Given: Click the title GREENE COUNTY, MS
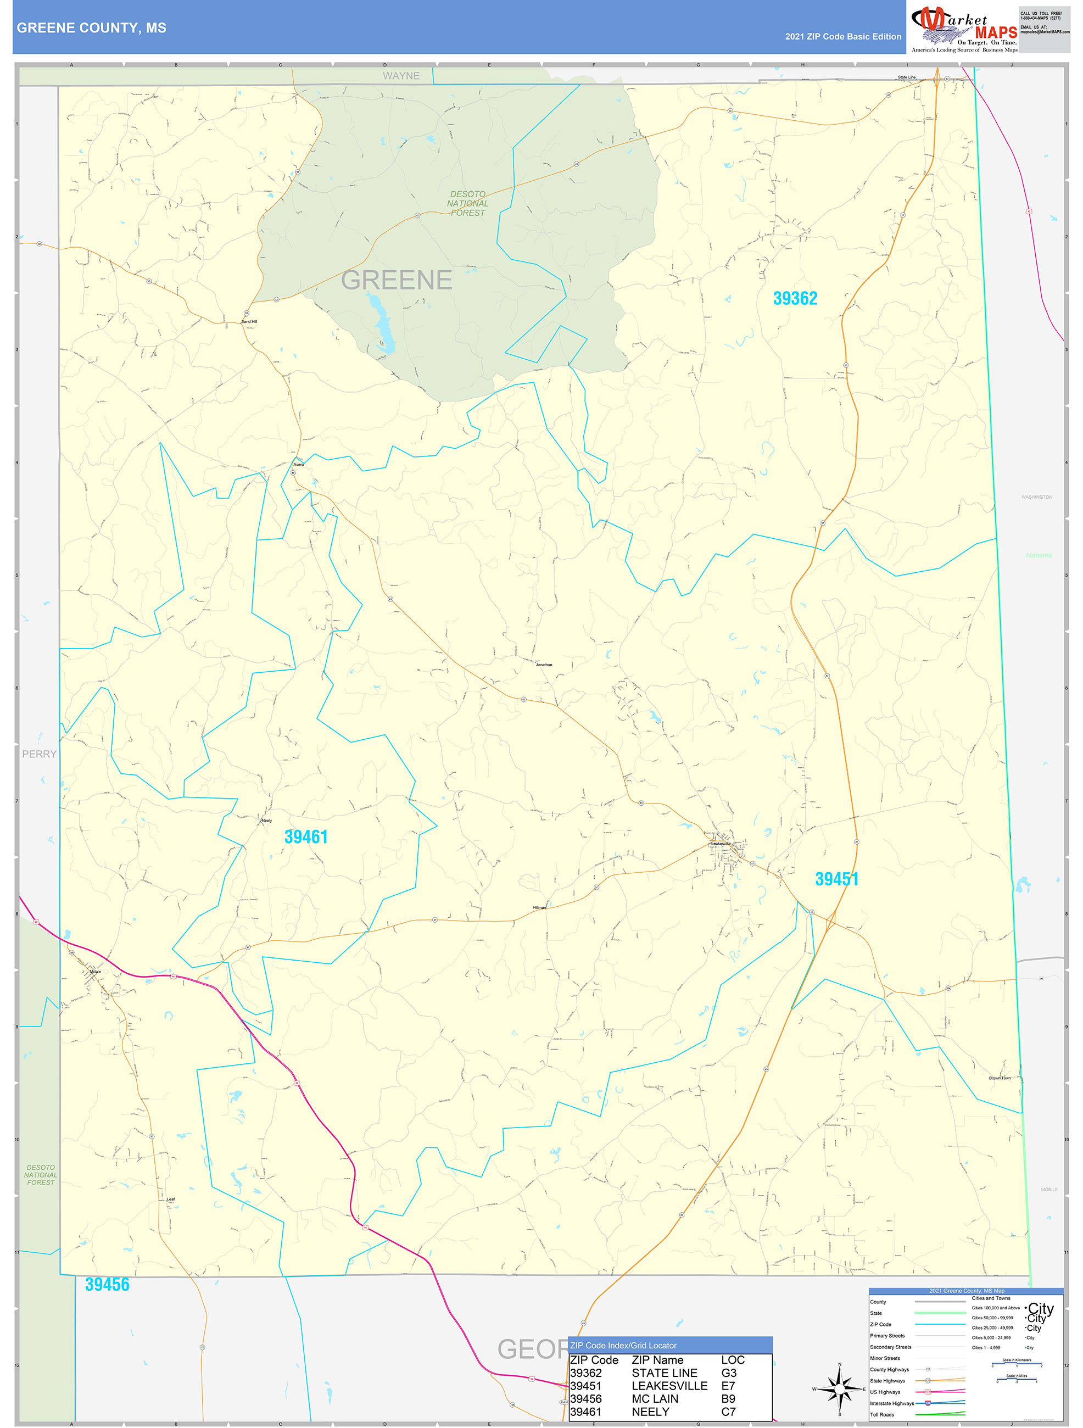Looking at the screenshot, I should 92,28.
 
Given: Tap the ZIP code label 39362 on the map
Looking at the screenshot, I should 795,298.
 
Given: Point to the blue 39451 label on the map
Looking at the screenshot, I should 836,879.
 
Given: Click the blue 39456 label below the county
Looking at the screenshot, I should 107,1284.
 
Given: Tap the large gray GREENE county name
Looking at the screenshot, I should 397,280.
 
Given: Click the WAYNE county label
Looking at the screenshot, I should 401,76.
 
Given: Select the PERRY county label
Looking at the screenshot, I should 40,754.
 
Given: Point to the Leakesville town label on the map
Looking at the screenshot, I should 721,843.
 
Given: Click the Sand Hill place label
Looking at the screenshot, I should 249,321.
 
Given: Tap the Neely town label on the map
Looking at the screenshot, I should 266,821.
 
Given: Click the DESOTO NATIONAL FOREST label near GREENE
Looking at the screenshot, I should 467,203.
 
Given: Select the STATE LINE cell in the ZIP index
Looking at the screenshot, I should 664,1373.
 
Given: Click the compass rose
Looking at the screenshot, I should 839,1388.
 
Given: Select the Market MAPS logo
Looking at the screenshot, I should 964,27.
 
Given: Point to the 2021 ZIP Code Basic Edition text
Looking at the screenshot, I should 843,37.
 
